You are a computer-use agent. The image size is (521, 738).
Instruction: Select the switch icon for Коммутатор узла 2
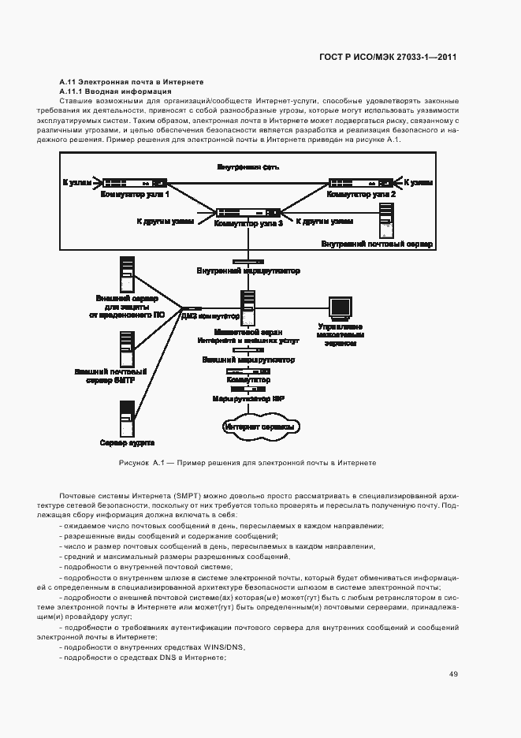(x=362, y=182)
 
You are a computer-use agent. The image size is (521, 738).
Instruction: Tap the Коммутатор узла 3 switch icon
(x=248, y=212)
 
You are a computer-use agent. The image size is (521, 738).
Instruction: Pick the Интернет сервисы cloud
(x=259, y=427)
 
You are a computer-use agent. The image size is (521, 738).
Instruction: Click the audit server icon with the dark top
(x=126, y=417)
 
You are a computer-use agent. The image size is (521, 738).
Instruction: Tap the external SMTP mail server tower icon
(x=126, y=348)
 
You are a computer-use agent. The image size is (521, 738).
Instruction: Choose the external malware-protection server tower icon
(x=126, y=273)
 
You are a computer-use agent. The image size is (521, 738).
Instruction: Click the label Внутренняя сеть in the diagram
(x=247, y=167)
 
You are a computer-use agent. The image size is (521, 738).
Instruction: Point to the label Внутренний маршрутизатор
(x=248, y=270)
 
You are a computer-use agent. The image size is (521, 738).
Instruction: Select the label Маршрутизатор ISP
(x=248, y=399)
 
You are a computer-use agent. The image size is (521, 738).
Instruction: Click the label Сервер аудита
(x=127, y=442)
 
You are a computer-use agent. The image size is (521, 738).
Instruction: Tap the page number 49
(x=453, y=674)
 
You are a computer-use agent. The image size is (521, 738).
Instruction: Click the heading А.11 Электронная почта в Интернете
(x=132, y=81)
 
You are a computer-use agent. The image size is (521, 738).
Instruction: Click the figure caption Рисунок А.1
(x=247, y=462)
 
